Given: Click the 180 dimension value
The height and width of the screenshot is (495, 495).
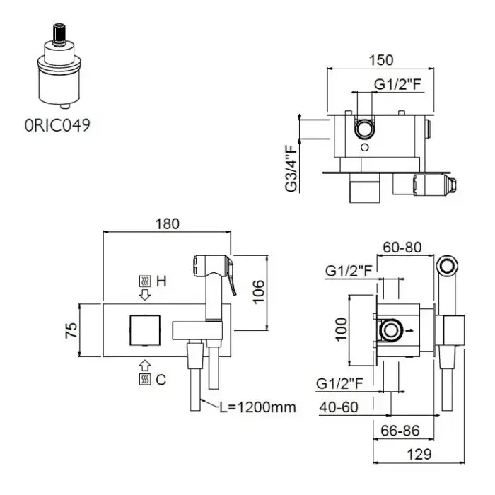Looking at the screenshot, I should click(167, 223).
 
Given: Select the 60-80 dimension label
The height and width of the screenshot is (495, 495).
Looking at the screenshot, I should click(402, 248).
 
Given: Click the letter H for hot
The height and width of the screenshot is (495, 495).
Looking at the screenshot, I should click(161, 281).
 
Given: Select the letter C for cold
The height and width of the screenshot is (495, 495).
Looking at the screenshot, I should click(161, 380).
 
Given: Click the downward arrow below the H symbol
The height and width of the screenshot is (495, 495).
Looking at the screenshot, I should click(145, 293).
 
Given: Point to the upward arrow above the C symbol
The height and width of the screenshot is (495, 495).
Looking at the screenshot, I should click(145, 365).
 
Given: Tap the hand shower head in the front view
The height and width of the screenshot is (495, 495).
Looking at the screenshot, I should click(212, 269).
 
